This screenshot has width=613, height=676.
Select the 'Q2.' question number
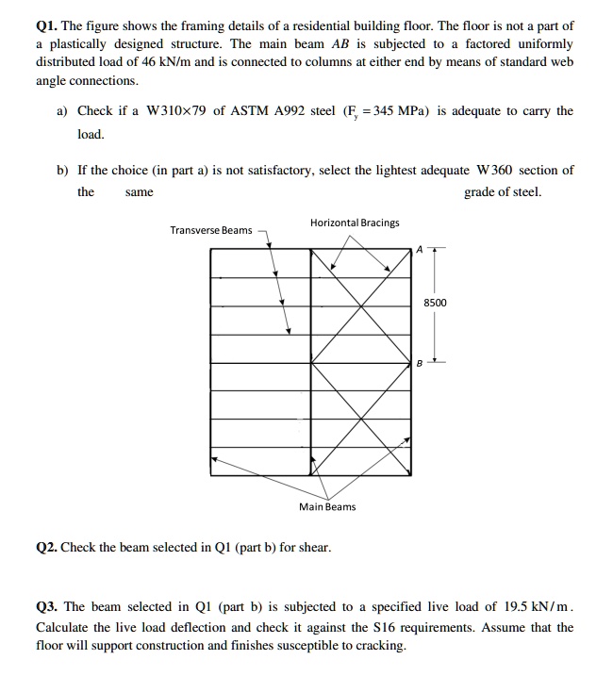pyautogui.click(x=48, y=547)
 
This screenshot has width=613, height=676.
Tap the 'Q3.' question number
pyautogui.click(x=48, y=607)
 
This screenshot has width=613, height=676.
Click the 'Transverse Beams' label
pyautogui.click(x=211, y=230)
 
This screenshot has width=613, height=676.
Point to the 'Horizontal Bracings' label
pyautogui.click(x=354, y=223)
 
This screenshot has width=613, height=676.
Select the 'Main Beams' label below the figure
pyautogui.click(x=327, y=507)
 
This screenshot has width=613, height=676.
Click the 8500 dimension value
pyautogui.click(x=436, y=303)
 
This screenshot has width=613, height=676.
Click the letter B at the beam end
pyautogui.click(x=421, y=363)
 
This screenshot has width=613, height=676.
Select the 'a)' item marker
pyautogui.click(x=62, y=111)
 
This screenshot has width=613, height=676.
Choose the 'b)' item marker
pyautogui.click(x=62, y=171)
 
